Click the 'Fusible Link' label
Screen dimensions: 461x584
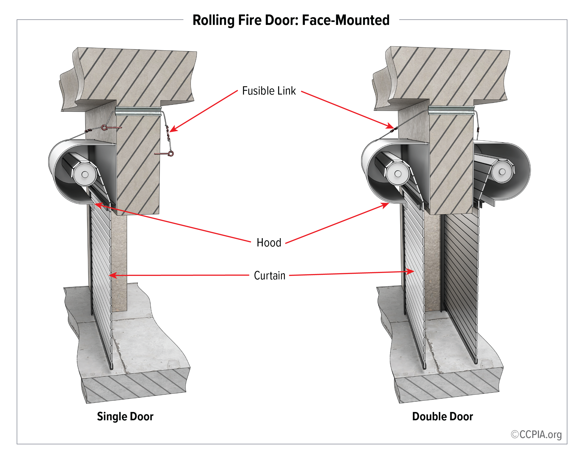(x=269, y=91)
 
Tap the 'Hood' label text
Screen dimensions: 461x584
(x=269, y=243)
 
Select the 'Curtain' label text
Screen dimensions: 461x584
(x=269, y=276)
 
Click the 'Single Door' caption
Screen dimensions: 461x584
(x=125, y=417)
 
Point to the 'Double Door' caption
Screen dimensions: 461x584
(x=442, y=417)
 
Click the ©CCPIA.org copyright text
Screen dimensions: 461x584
(x=536, y=434)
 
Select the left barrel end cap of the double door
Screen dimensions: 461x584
(x=398, y=174)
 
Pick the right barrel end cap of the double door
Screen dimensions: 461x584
(x=502, y=172)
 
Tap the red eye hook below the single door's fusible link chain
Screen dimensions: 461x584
(x=171, y=154)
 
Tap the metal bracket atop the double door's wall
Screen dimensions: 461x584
(x=451, y=110)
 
